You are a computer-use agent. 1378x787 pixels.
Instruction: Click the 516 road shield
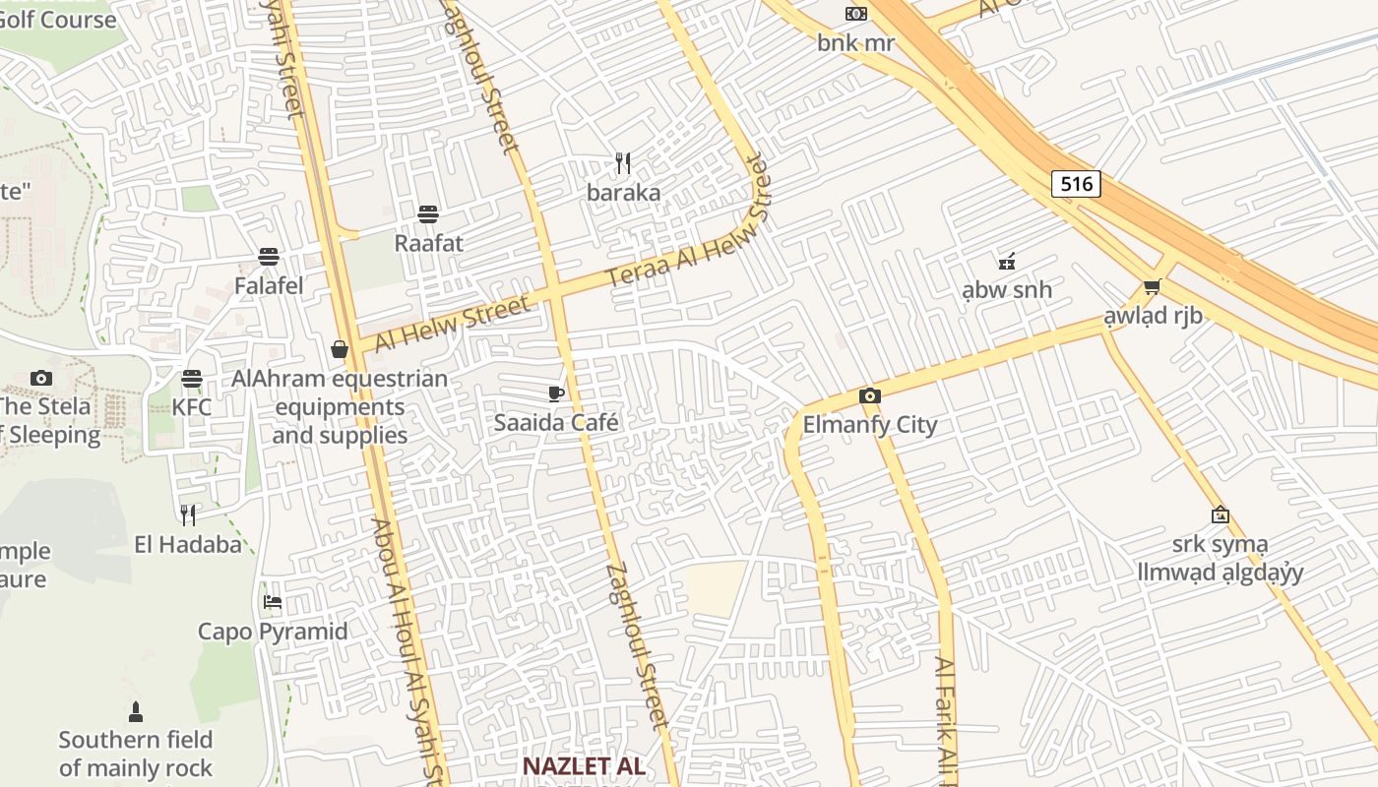[x=1075, y=184]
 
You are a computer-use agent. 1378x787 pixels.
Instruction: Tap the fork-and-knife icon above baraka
[x=622, y=162]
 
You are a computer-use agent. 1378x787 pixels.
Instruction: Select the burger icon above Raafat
[x=428, y=213]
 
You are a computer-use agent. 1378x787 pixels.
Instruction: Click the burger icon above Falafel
[x=269, y=257]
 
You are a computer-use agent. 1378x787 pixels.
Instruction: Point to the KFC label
[x=192, y=406]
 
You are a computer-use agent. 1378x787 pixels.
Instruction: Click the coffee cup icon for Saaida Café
[x=556, y=394]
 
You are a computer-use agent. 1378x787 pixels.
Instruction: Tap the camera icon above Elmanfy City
[x=869, y=396]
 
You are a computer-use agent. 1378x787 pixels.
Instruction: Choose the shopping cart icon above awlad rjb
[x=1152, y=287]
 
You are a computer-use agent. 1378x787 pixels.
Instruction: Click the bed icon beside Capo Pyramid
[x=273, y=602]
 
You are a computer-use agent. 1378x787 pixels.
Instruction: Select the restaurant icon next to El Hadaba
[x=188, y=515]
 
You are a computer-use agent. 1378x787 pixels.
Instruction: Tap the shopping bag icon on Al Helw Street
[x=340, y=349]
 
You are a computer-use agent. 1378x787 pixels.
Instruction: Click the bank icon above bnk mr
[x=856, y=14]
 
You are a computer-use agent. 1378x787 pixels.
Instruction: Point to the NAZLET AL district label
[x=583, y=765]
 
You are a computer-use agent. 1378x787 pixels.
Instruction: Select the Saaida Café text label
[x=556, y=423]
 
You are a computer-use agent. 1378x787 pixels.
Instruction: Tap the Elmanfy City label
[x=870, y=425]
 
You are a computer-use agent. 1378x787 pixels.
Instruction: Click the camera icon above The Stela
[x=40, y=378]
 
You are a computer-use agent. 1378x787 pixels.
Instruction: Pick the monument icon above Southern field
[x=136, y=710]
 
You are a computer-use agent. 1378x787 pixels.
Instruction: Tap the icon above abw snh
[x=1007, y=262]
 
